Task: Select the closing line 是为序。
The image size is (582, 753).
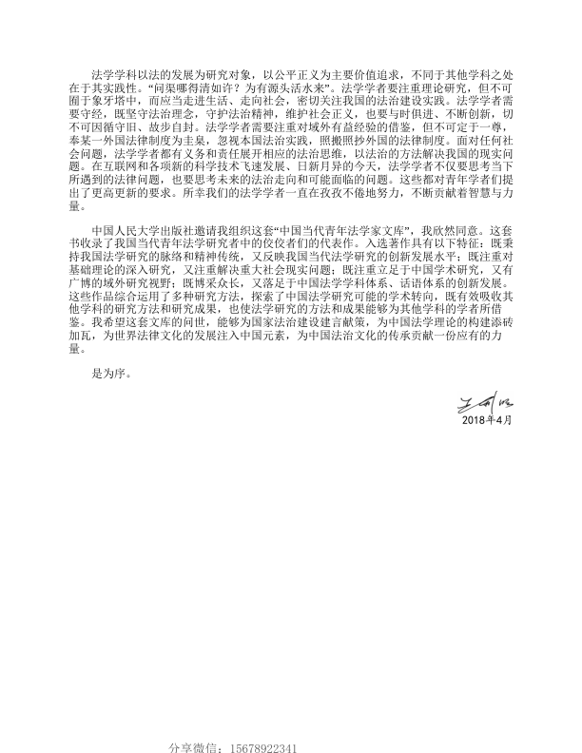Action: tap(107, 373)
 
